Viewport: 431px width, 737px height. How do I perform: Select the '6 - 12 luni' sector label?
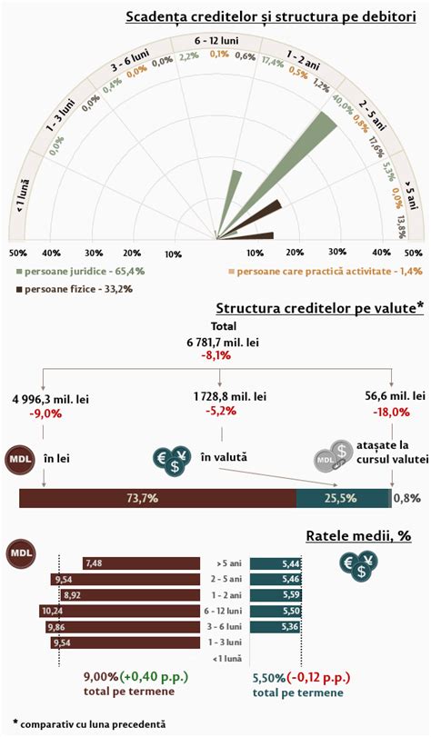click(215, 42)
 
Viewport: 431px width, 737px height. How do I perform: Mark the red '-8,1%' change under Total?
click(215, 356)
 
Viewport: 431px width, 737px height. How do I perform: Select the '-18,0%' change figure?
click(392, 411)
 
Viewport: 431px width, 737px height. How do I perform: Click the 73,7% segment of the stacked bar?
click(157, 497)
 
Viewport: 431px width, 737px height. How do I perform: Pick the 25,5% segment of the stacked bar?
click(343, 497)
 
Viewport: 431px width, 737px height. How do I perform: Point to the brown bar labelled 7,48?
click(141, 563)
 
